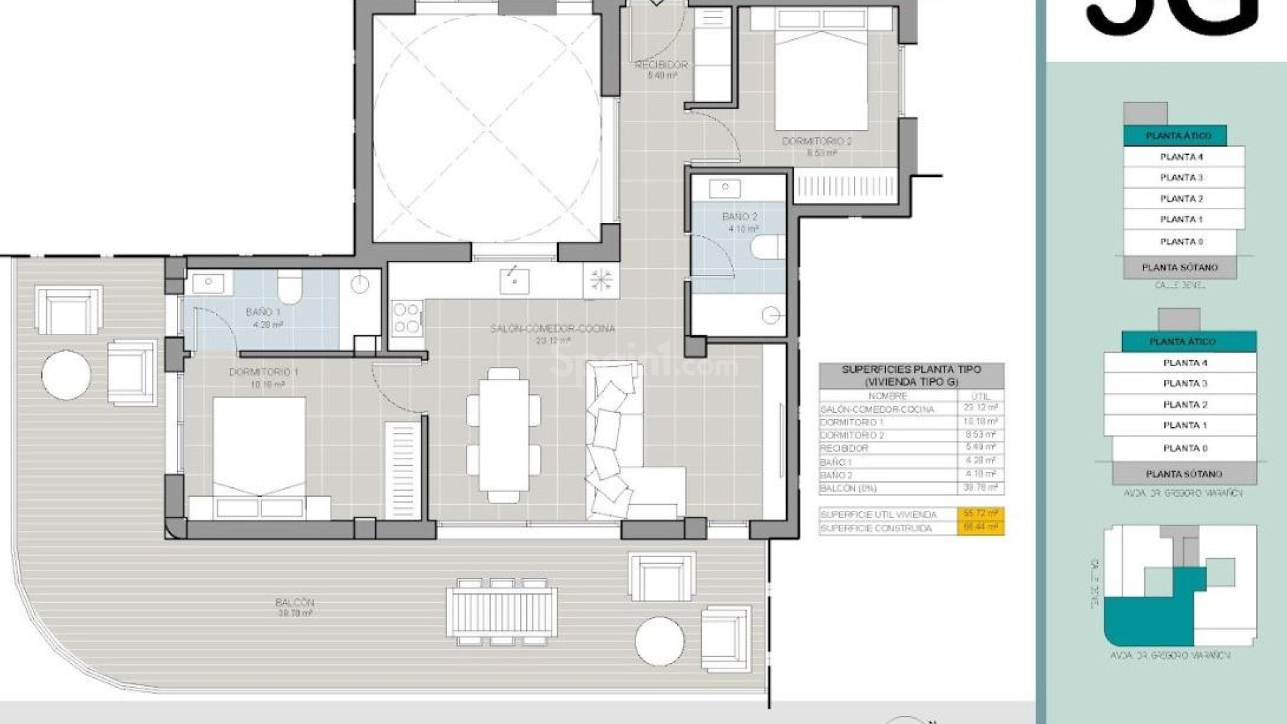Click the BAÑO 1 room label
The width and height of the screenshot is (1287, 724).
[x=263, y=312]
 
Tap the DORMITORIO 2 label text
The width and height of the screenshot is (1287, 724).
[x=816, y=141]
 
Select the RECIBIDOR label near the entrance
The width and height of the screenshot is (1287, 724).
[x=661, y=65]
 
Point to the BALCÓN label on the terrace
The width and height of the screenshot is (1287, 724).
[x=294, y=603]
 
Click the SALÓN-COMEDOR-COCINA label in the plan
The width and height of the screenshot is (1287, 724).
[x=552, y=329]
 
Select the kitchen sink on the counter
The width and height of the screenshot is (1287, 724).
[x=514, y=281]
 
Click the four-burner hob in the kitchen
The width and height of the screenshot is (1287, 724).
[x=406, y=318]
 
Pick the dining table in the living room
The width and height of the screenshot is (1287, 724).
[x=503, y=434]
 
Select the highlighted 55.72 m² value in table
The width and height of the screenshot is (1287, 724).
[x=980, y=514]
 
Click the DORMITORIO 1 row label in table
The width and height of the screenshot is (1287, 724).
[x=851, y=422]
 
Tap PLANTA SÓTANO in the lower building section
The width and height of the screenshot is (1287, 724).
[x=1184, y=474]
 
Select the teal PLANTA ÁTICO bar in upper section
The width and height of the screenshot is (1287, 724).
[x=1178, y=135]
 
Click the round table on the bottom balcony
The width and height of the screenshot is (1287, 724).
[x=659, y=642]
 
